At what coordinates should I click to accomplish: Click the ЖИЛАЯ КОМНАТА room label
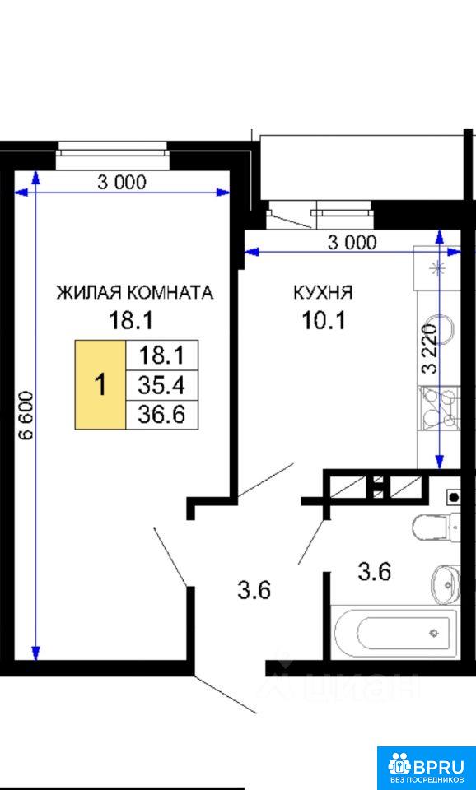pyautogui.click(x=134, y=293)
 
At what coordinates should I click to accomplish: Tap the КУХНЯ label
pyautogui.click(x=323, y=293)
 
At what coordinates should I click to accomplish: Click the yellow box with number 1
pyautogui.click(x=100, y=385)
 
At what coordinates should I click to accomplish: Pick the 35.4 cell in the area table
pyautogui.click(x=161, y=385)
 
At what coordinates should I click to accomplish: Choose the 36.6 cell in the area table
pyautogui.click(x=161, y=415)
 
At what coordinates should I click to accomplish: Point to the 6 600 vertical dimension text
pyautogui.click(x=26, y=415)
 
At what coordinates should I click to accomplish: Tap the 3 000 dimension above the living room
pyautogui.click(x=122, y=182)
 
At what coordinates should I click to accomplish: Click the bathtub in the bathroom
pyautogui.click(x=394, y=631)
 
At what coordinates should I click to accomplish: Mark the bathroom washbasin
pyautogui.click(x=446, y=583)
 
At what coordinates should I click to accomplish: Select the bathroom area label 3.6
pyautogui.click(x=374, y=573)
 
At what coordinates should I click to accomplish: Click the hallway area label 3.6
pyautogui.click(x=254, y=589)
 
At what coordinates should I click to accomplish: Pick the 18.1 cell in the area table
pyautogui.click(x=161, y=355)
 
